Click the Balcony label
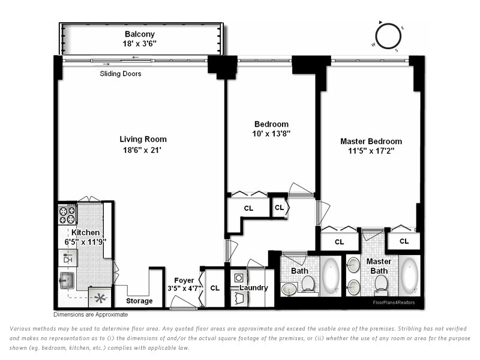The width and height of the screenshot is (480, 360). (x=140, y=34)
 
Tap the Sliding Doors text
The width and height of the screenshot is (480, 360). (x=121, y=74)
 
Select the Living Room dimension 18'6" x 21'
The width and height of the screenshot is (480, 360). (x=142, y=150)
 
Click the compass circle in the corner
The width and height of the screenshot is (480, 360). (x=388, y=36)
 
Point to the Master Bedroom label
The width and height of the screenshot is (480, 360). (x=371, y=142)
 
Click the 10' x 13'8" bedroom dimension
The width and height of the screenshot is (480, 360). (x=271, y=134)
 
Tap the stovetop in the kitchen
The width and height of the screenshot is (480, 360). (x=67, y=215)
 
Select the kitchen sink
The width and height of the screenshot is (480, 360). (x=67, y=280)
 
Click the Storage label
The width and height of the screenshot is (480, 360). (x=139, y=301)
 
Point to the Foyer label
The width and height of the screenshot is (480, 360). (x=184, y=280)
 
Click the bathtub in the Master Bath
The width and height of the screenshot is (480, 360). (x=409, y=275)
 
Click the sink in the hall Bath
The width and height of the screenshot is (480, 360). (x=289, y=289)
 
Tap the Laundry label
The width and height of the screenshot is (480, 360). (x=254, y=288)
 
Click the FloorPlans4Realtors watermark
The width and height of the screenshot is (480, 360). (x=394, y=302)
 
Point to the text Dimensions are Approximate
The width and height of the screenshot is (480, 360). (x=91, y=314)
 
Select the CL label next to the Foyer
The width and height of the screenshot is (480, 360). (x=215, y=288)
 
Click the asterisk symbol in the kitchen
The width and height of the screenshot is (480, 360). (x=100, y=298)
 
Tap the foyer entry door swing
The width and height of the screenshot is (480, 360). (x=183, y=303)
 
